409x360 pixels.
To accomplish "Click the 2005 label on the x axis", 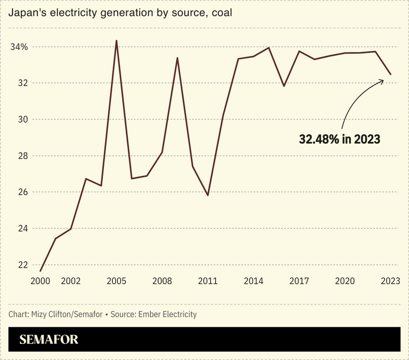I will (x=116, y=280).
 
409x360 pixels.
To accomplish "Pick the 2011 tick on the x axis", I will (x=208, y=280).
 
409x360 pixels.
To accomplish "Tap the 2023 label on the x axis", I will (x=390, y=280).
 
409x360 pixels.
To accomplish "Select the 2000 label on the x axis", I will (x=40, y=280).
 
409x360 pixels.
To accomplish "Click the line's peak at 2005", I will (x=116, y=40).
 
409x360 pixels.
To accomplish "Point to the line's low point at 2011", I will (x=208, y=195).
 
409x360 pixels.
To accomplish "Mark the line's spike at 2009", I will (x=177, y=58).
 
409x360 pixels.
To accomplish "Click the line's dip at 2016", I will (x=284, y=86).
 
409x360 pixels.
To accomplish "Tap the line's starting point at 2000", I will (x=40, y=271).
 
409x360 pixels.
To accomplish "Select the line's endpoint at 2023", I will (x=391, y=74).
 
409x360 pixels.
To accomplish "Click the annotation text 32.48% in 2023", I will (x=339, y=139).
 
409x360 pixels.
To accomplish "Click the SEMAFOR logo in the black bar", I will (x=49, y=340).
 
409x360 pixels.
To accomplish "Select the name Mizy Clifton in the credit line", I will (x=52, y=314).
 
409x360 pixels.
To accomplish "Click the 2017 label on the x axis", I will (x=299, y=280).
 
